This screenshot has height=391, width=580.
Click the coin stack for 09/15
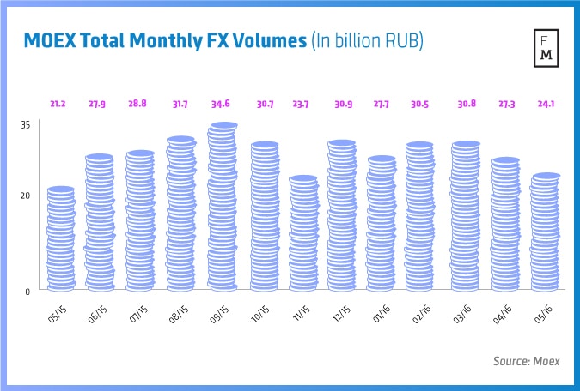click(x=223, y=207)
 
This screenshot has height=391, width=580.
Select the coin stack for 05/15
click(x=61, y=238)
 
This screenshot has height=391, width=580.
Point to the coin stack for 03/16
click(x=466, y=216)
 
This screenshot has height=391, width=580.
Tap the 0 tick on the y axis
click(x=27, y=291)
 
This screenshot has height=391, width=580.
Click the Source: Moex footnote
click(x=526, y=362)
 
